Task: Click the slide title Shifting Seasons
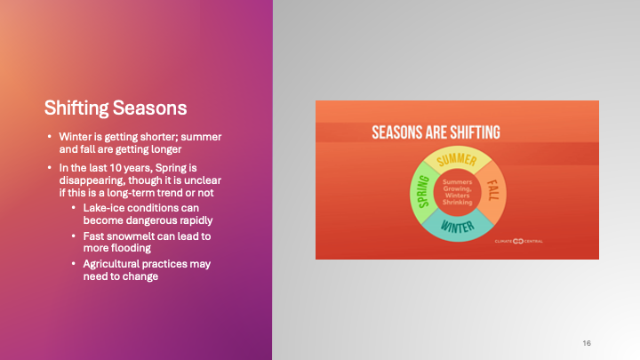click(116, 108)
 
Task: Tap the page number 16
click(587, 343)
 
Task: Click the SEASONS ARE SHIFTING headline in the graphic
click(436, 132)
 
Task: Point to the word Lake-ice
click(103, 208)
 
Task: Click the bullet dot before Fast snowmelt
click(75, 236)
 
